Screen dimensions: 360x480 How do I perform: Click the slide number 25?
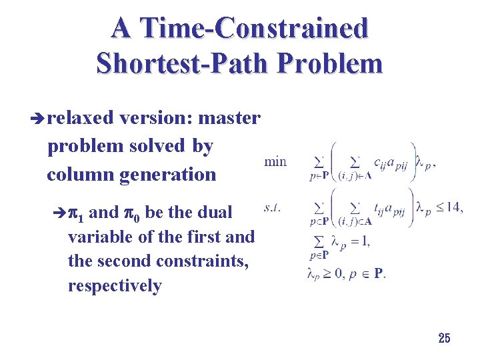point(444,338)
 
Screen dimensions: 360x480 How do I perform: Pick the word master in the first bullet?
point(229,118)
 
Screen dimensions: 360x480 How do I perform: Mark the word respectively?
point(115,286)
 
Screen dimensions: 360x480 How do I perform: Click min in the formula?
point(275,161)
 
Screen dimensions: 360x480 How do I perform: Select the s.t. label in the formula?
point(272,208)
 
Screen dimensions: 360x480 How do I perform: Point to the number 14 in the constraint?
point(453,207)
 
